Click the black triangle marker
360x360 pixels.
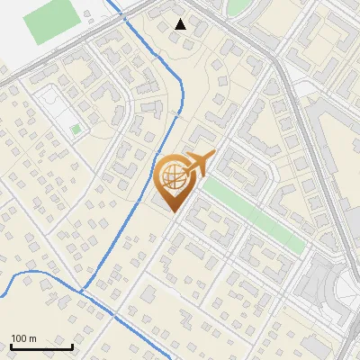[181, 24]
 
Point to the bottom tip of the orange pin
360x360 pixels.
[172, 212]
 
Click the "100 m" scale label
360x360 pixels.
[24, 338]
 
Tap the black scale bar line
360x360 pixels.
[41, 347]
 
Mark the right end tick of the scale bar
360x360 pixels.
[72, 346]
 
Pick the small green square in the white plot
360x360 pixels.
[76, 130]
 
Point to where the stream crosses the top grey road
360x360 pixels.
[123, 11]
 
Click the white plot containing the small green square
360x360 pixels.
[59, 112]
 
